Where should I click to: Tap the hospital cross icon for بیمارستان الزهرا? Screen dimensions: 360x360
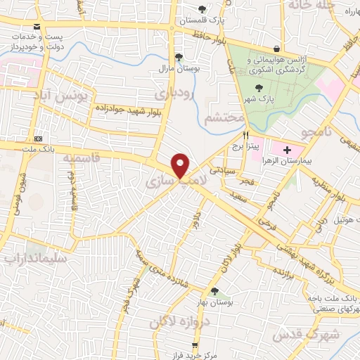coord(286,150)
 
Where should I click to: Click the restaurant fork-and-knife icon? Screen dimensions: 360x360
coord(246,135)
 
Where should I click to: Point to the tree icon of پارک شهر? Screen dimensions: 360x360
coord(259,89)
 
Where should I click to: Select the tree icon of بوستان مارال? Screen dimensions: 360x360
coord(179,58)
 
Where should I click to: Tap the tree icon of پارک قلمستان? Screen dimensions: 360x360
coord(202,9)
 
